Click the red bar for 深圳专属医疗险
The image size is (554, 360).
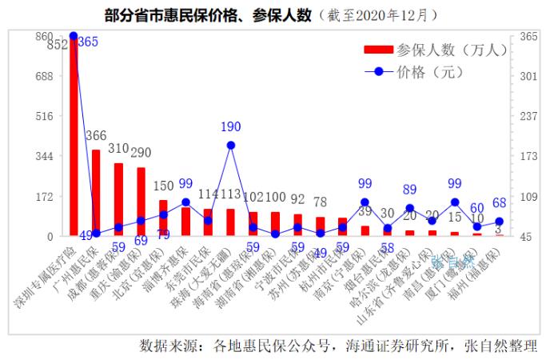coord(74,136)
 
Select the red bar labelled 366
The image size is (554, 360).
coord(96,193)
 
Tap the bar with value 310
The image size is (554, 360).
coord(118,200)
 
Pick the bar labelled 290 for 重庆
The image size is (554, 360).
coord(141,202)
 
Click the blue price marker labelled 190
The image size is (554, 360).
coord(230,146)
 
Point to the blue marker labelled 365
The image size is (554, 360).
coord(74,36)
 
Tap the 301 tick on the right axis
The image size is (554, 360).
coord(528,76)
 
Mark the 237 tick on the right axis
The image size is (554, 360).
coord(528,116)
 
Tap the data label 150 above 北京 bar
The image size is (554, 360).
coord(164,186)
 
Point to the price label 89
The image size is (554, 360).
coord(410,190)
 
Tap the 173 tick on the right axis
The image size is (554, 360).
coord(528,156)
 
